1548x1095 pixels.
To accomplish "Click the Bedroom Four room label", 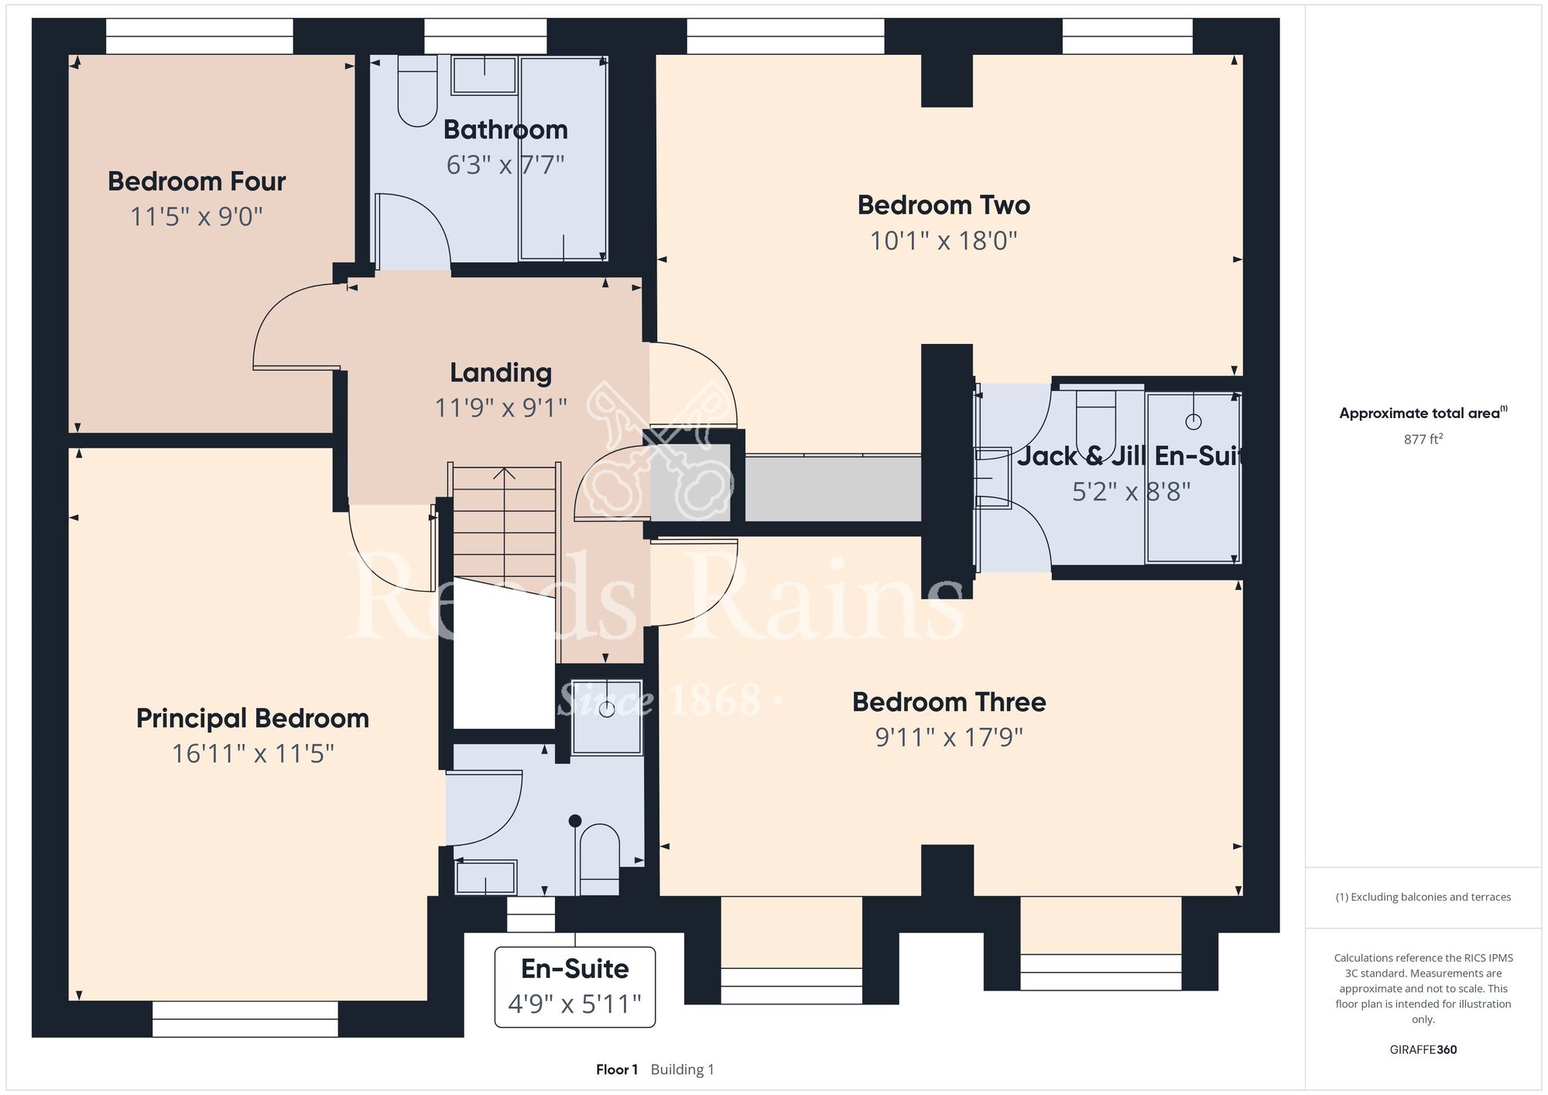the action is (x=197, y=181).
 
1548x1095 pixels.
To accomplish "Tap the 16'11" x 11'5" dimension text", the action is (x=253, y=753).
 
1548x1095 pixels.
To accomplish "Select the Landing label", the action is (x=501, y=373).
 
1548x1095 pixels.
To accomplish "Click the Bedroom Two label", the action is (x=944, y=205).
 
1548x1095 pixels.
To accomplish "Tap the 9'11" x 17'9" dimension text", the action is (x=949, y=737).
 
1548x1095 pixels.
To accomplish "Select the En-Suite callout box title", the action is (x=575, y=969).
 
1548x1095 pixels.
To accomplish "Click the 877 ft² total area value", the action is (x=1423, y=439).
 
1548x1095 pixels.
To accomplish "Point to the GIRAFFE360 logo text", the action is (x=1423, y=1050).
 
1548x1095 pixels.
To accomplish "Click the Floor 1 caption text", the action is (x=617, y=1069).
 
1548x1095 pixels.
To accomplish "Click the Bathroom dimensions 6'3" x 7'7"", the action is (x=505, y=165).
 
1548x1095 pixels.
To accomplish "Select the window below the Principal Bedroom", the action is (x=245, y=1019).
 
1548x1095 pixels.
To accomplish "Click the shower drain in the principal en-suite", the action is (x=607, y=709).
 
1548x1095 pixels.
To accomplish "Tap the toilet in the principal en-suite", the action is (x=600, y=860).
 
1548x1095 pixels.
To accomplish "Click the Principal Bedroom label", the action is (x=252, y=719).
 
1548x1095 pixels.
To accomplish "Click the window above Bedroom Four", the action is (x=200, y=36).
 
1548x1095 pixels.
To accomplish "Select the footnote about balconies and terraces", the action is (x=1423, y=897).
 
